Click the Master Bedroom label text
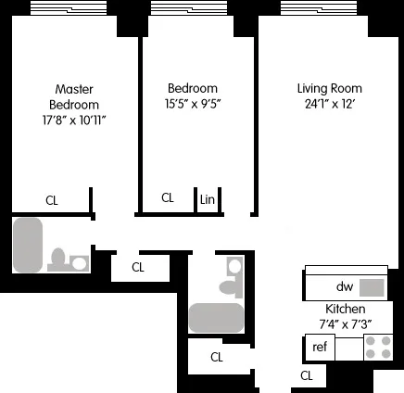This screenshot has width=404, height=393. point(75,97)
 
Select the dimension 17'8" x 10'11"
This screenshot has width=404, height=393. point(75,120)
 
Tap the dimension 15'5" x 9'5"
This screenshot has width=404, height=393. point(193,105)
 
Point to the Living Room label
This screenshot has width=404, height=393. point(329,89)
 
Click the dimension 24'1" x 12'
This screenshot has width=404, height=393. point(329,105)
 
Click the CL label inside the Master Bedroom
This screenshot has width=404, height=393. point(53,198)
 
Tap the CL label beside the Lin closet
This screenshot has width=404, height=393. point(168,197)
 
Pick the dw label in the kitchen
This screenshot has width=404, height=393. point(344,287)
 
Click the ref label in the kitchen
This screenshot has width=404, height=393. point(320,348)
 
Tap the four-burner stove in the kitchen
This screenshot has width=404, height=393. point(377,347)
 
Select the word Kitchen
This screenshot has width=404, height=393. point(345,309)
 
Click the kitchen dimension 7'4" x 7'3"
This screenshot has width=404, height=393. point(345,323)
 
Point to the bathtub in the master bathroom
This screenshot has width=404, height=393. point(28,245)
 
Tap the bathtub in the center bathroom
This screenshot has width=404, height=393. point(216,317)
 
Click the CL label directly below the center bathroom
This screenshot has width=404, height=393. point(217,357)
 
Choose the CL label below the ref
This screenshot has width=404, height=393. point(307,375)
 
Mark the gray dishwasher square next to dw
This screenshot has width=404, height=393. point(372,287)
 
